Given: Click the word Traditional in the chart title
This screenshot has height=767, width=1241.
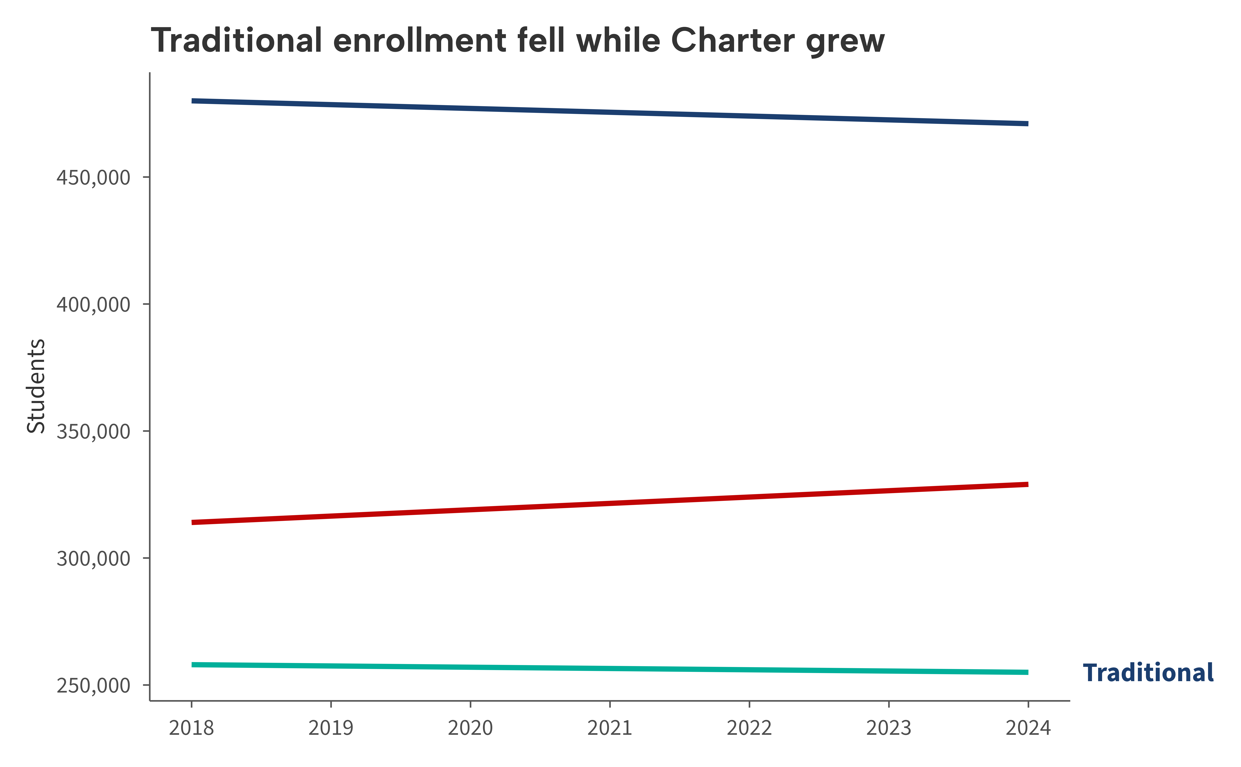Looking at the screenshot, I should click(x=236, y=41).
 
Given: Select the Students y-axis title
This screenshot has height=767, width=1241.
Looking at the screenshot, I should click(x=36, y=386).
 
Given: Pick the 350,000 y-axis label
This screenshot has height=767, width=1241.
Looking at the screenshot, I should click(x=93, y=432).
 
